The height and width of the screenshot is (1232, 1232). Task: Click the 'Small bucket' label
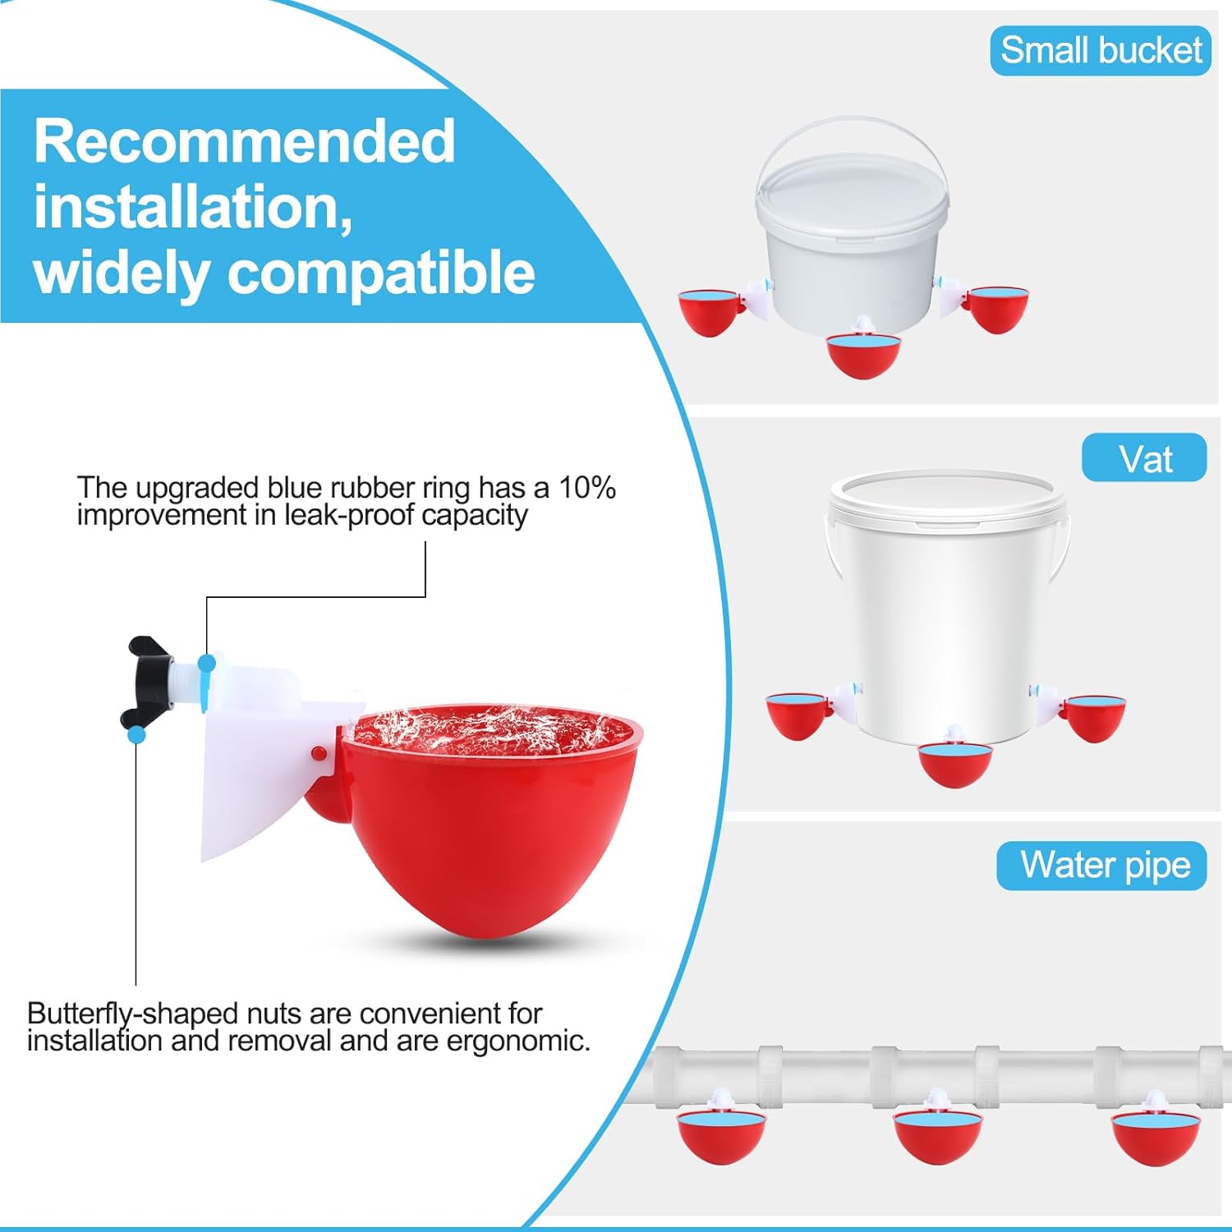point(1101,51)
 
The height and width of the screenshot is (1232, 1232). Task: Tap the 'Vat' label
point(1144,458)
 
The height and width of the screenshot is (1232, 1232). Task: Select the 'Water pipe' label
point(1102,865)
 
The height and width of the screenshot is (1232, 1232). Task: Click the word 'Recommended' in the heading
point(244,141)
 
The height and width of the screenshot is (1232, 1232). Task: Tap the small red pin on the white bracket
point(318,752)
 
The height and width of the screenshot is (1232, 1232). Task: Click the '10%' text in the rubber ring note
point(586,488)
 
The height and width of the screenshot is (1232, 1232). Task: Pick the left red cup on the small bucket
point(708,312)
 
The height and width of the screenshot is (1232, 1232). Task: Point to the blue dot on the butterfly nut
point(136,734)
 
